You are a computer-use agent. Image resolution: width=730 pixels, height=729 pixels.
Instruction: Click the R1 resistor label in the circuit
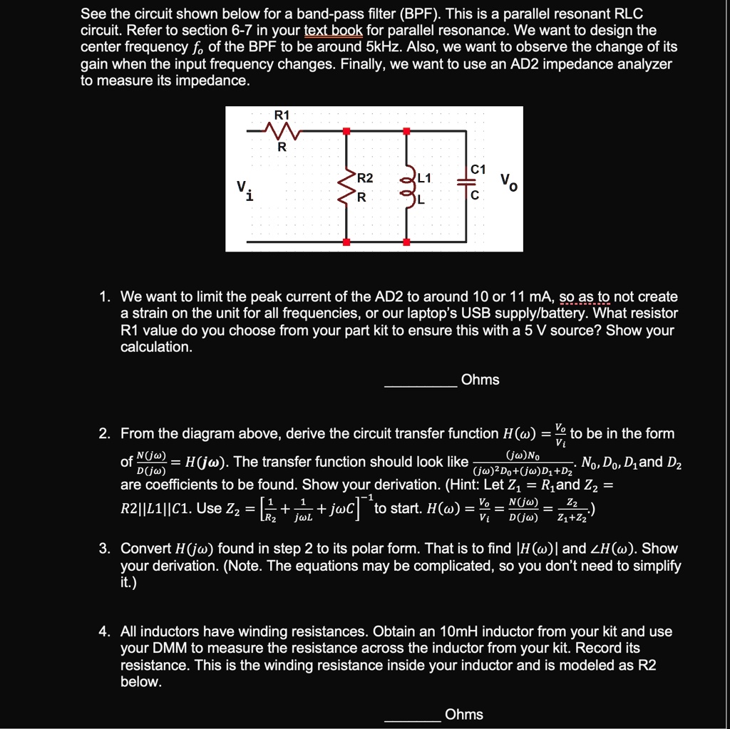tap(282, 115)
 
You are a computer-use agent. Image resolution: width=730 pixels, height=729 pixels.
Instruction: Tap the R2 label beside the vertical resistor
tap(364, 177)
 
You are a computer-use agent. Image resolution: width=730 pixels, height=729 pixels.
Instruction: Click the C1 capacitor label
tap(478, 170)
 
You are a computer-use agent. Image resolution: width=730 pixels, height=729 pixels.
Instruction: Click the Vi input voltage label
tap(245, 190)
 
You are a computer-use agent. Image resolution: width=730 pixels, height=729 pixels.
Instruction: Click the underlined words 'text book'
tap(333, 31)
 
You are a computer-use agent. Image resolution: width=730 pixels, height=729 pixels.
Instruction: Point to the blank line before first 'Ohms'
tap(420, 386)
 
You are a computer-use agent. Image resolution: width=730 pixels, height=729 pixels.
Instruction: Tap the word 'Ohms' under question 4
tap(463, 714)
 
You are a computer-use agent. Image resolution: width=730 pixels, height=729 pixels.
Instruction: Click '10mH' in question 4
tap(459, 631)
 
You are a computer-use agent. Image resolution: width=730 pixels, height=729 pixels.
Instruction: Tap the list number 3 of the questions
tap(104, 549)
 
